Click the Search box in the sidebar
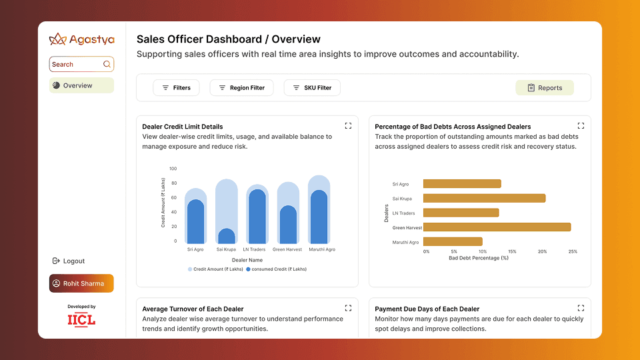coord(81,64)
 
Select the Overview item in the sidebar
coord(81,85)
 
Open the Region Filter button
coord(241,88)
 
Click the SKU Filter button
coord(312,88)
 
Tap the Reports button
coord(544,88)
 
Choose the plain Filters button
coord(176,88)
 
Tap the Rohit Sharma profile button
coord(81,283)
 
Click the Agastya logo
coord(81,39)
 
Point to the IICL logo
coord(81,319)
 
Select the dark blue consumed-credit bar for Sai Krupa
coord(227,237)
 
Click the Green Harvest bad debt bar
coord(497,227)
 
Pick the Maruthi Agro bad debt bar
coord(453,242)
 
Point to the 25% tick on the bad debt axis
coord(573,251)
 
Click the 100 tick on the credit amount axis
coord(173,169)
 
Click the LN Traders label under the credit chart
coord(257,249)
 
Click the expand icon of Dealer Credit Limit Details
coord(348,125)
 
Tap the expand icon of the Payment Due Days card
coord(581,308)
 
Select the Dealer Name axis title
coord(247,260)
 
